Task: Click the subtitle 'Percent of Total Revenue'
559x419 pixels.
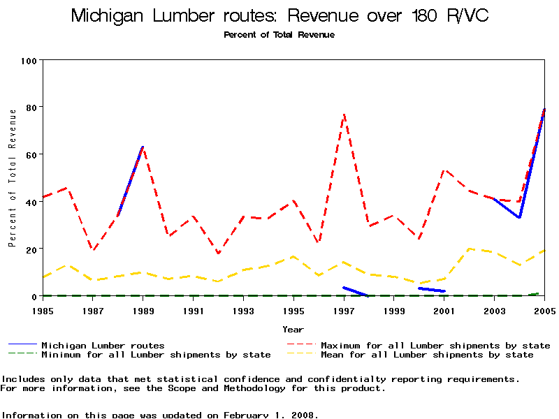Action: tap(279, 35)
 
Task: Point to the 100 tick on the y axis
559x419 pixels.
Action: tap(29, 61)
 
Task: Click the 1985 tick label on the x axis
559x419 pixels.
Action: tap(43, 310)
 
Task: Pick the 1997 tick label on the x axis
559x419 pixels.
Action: tap(344, 310)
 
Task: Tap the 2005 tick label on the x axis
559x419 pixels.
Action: tap(544, 310)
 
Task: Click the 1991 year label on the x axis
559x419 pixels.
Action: tap(194, 310)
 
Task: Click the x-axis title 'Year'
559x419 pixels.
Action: tap(293, 329)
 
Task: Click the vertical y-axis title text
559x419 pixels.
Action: tap(12, 177)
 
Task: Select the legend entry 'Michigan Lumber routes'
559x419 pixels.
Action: tap(103, 345)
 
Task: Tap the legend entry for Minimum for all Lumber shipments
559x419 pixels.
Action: tap(156, 355)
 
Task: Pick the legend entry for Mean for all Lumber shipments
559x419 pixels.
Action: tap(427, 355)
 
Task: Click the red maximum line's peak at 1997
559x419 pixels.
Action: tap(344, 114)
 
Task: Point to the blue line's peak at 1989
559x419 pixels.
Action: tap(143, 147)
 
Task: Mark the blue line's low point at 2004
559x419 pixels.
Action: tap(519, 218)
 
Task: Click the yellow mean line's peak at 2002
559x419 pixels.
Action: tap(470, 249)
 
